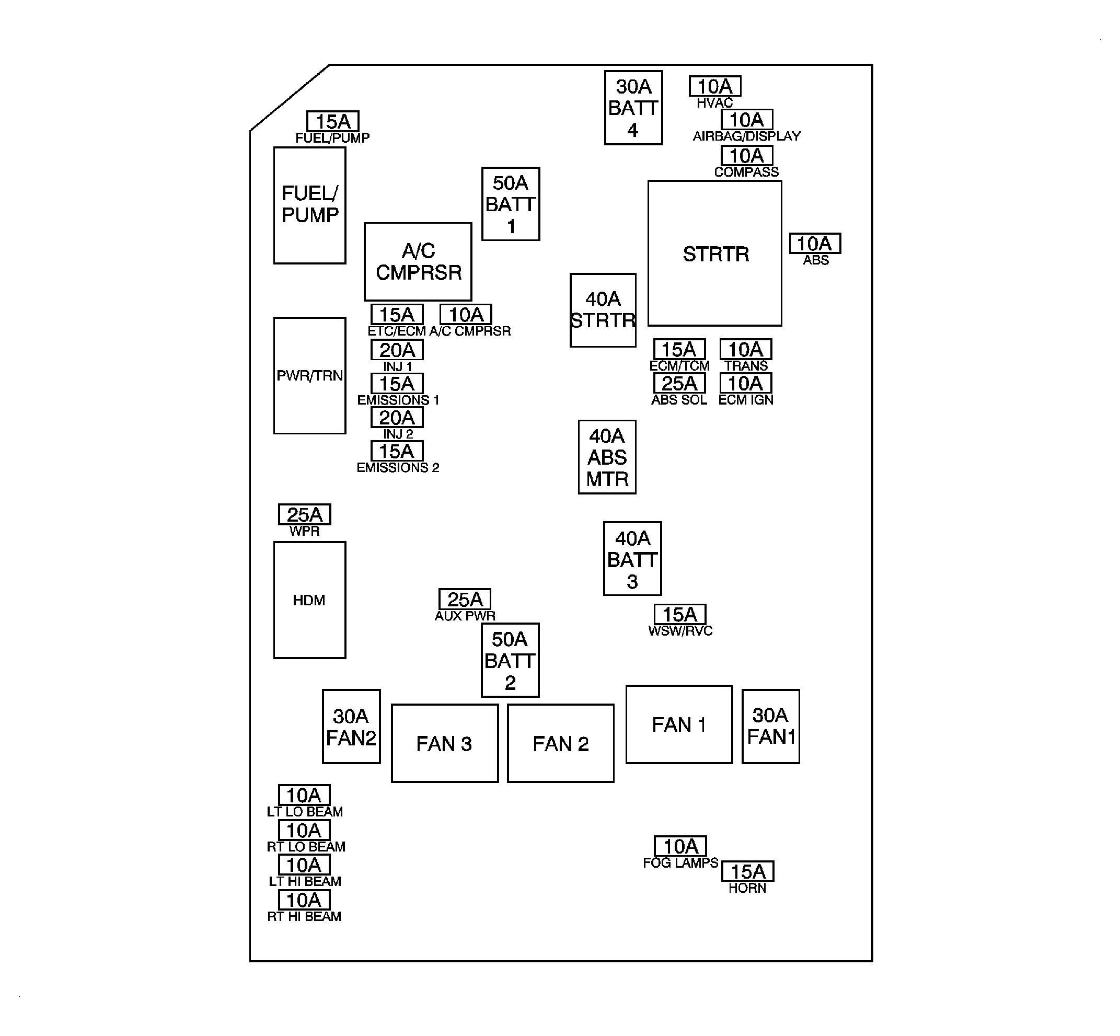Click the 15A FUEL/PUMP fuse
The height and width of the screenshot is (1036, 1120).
pyautogui.click(x=332, y=121)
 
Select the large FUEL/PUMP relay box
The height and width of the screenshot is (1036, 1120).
pyautogui.click(x=309, y=205)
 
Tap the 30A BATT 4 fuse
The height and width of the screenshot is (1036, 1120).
pyautogui.click(x=633, y=108)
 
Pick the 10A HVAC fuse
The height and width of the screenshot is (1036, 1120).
pyautogui.click(x=715, y=86)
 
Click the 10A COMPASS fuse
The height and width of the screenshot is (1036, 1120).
pyautogui.click(x=746, y=155)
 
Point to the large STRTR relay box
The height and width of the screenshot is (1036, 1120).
pyautogui.click(x=715, y=254)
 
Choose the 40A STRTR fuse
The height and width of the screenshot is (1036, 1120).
pyautogui.click(x=603, y=310)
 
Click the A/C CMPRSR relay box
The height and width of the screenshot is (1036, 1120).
pyautogui.click(x=418, y=261)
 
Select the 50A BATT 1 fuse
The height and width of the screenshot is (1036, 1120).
pyautogui.click(x=510, y=204)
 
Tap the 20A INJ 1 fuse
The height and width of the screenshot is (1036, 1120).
pyautogui.click(x=397, y=350)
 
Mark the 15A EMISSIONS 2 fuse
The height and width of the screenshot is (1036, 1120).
pyautogui.click(x=397, y=451)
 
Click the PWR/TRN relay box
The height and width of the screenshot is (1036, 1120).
pyautogui.click(x=309, y=376)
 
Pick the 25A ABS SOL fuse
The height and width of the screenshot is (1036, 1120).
pyautogui.click(x=679, y=384)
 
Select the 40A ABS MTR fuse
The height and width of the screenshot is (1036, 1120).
pyautogui.click(x=607, y=457)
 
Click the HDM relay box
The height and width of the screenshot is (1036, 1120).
pyautogui.click(x=309, y=600)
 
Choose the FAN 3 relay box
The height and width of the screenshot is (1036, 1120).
pyautogui.click(x=445, y=743)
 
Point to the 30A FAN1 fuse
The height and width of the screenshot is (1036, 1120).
pyautogui.click(x=770, y=726)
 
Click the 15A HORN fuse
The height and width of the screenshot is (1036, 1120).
pyautogui.click(x=747, y=871)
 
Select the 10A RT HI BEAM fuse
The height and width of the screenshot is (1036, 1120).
pyautogui.click(x=304, y=900)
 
